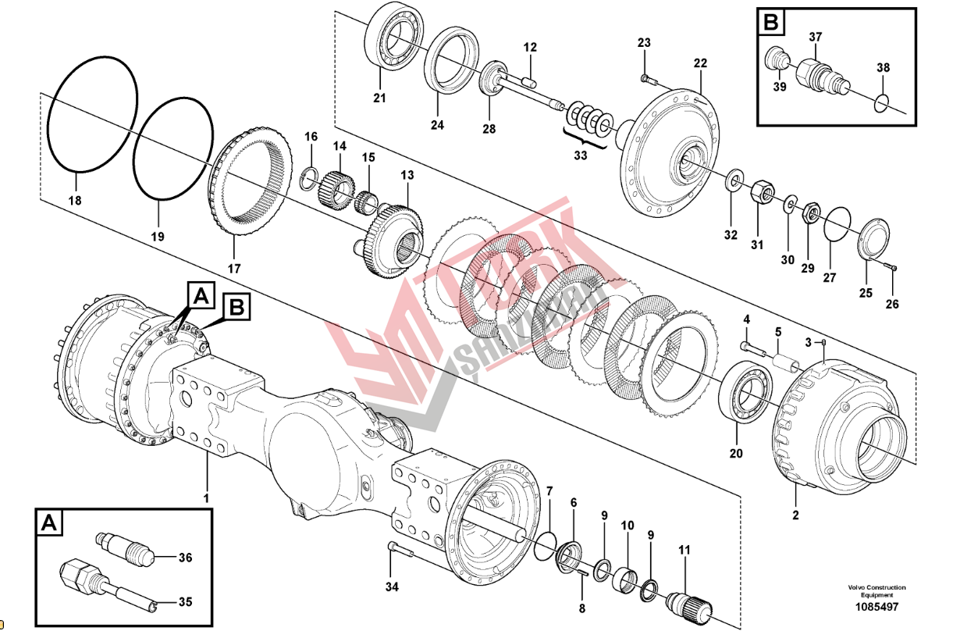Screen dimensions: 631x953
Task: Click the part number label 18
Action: pos(75,201)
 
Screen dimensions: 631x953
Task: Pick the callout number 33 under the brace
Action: pos(580,155)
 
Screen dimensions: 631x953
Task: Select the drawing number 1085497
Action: pos(877,607)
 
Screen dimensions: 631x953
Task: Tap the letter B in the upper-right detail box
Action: pos(770,23)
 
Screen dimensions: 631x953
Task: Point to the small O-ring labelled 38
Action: pos(883,102)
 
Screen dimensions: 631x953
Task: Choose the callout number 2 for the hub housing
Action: pos(795,515)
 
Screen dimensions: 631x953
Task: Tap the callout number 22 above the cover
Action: pos(700,62)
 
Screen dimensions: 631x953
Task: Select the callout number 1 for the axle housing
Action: pos(206,497)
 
